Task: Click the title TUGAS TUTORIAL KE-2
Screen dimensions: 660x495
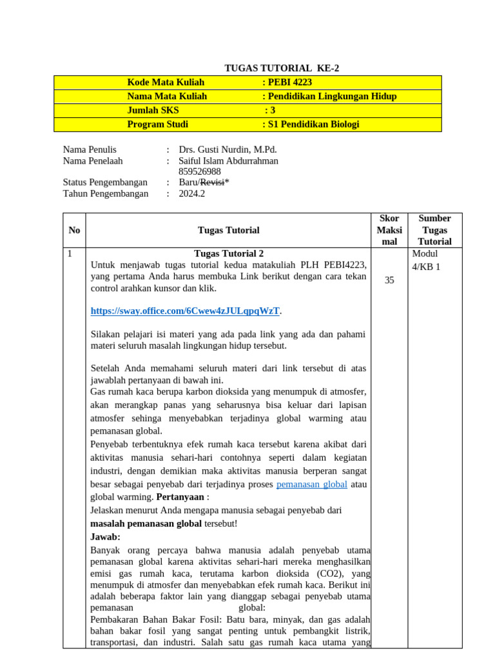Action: (x=281, y=68)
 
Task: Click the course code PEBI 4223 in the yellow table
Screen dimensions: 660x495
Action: (x=289, y=82)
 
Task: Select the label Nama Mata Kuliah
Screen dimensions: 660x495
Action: (x=167, y=96)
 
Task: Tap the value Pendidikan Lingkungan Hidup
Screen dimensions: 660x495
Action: (x=331, y=96)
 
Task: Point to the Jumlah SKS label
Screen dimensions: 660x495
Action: (x=153, y=110)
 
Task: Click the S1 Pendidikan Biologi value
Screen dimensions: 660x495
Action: (x=313, y=124)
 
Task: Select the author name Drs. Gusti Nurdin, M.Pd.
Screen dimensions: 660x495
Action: (x=228, y=150)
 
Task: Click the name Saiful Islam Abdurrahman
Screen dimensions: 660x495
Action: (x=229, y=160)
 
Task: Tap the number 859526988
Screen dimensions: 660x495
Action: (x=200, y=171)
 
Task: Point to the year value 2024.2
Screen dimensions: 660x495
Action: (x=191, y=193)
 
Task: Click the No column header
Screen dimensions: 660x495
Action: (x=74, y=230)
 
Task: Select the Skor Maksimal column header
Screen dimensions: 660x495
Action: (x=389, y=230)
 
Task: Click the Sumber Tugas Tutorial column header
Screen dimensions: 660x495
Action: (x=434, y=230)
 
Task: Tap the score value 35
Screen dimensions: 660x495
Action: (x=389, y=280)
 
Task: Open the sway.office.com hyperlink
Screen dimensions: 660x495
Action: (x=185, y=311)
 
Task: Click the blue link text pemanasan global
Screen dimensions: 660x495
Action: (x=311, y=484)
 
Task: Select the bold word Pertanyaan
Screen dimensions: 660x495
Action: (x=180, y=497)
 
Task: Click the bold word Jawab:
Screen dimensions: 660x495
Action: (x=105, y=536)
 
